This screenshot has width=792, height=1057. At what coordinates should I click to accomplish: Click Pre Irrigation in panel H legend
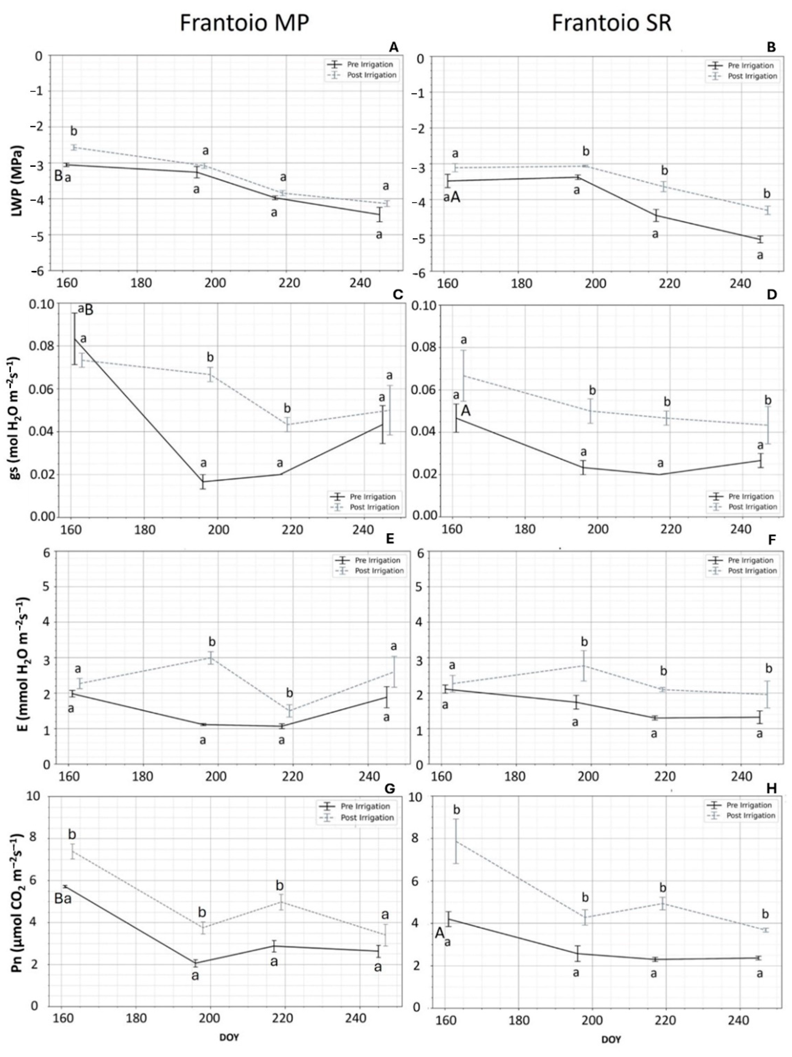(749, 805)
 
